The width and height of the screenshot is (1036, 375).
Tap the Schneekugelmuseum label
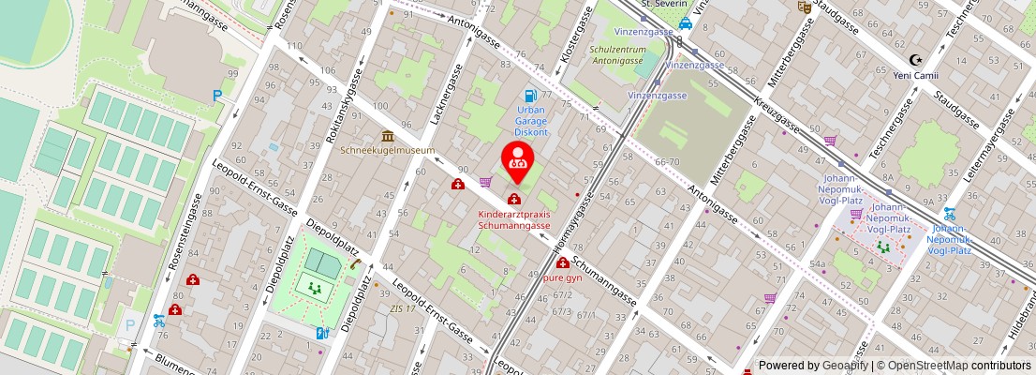[x=388, y=150]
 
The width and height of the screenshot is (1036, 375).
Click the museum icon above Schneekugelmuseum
[x=388, y=137]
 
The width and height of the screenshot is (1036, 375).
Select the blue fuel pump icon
[x=530, y=96]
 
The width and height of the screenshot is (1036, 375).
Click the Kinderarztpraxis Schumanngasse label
[x=514, y=219]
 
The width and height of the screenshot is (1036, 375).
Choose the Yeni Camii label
[x=916, y=75]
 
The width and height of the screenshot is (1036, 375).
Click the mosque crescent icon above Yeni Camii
[x=916, y=60]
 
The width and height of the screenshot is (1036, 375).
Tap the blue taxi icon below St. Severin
[x=686, y=23]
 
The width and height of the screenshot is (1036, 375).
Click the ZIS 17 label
[x=402, y=308]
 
